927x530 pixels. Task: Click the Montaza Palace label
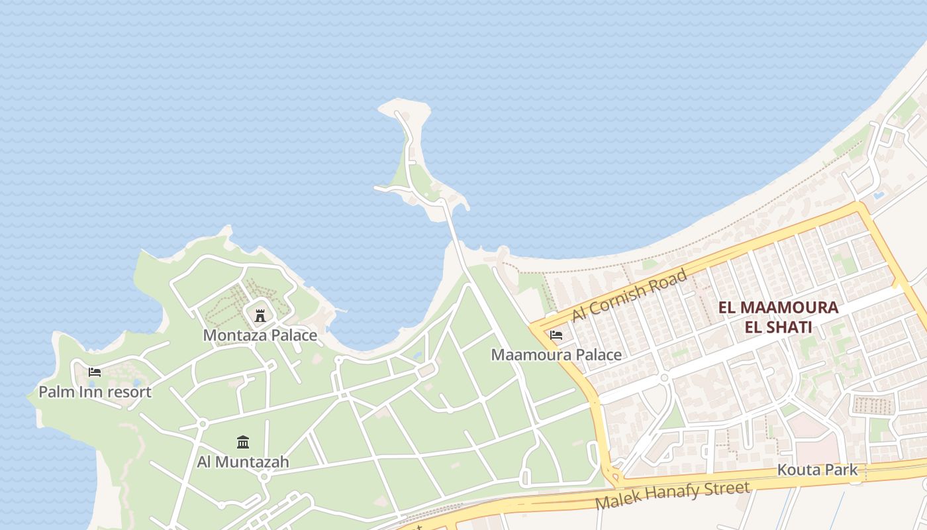click(x=260, y=335)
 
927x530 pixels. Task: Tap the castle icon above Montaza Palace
click(x=260, y=315)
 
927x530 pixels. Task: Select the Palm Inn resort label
click(x=95, y=392)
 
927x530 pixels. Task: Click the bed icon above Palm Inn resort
click(x=95, y=372)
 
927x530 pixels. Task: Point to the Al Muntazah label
click(x=242, y=462)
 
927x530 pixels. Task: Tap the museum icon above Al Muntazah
click(x=243, y=442)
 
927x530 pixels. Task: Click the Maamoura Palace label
click(x=556, y=355)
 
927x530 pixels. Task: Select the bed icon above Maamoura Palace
click(x=556, y=335)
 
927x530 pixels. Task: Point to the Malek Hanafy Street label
click(x=673, y=496)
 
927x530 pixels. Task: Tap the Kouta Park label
click(x=817, y=470)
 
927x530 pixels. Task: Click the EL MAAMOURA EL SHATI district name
click(x=779, y=317)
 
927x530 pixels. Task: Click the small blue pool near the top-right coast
click(x=879, y=196)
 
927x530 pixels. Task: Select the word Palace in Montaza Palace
click(x=293, y=335)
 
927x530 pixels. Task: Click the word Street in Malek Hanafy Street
click(x=728, y=490)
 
